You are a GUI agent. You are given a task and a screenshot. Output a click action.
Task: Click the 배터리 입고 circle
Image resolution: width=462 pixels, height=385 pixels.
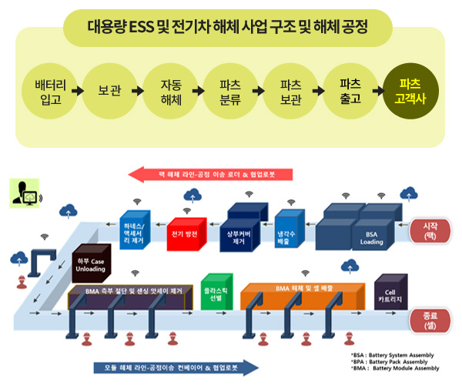click(50, 90)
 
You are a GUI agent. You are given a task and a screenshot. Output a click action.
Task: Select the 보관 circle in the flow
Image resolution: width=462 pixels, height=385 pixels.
click(110, 90)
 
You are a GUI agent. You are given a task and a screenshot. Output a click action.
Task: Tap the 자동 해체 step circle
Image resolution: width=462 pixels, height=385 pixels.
click(171, 90)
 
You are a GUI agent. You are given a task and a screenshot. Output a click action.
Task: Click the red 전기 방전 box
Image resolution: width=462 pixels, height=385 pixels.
click(186, 233)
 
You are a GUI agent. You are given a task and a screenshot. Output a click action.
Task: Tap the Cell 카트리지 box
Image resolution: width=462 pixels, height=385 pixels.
click(389, 293)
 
